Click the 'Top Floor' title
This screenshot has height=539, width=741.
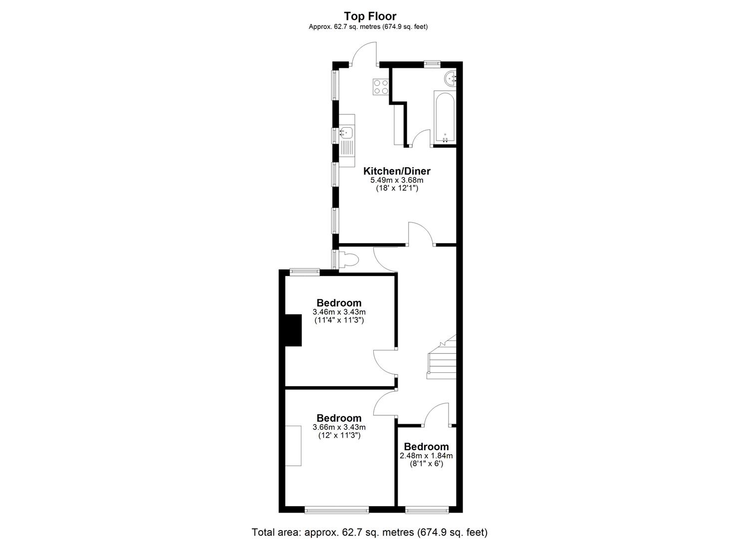pyautogui.click(x=370, y=16)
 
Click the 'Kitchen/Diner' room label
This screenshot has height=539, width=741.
pyautogui.click(x=397, y=171)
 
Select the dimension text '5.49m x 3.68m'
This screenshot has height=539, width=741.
pyautogui.click(x=397, y=180)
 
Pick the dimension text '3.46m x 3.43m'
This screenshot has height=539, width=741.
pyautogui.click(x=339, y=312)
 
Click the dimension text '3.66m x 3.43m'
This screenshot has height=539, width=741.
pyautogui.click(x=339, y=427)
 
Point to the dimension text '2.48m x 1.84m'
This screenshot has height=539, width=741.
pyautogui.click(x=426, y=456)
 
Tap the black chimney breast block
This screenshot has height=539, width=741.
pyautogui.click(x=293, y=330)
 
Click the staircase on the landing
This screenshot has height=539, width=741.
pyautogui.click(x=442, y=357)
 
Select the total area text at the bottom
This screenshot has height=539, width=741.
pyautogui.click(x=370, y=523)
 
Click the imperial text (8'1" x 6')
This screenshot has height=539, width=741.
pyautogui.click(x=426, y=464)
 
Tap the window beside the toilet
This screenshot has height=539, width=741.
pyautogui.click(x=334, y=259)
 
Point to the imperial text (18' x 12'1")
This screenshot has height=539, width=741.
pyautogui.click(x=397, y=188)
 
